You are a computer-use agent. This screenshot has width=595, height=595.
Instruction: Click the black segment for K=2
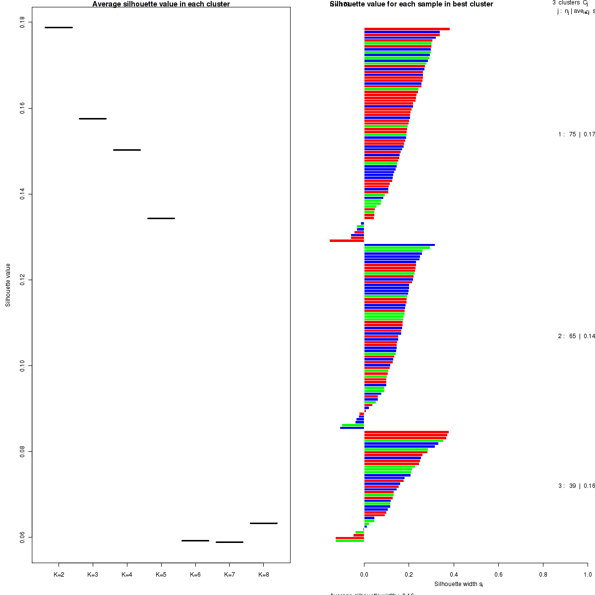[59, 27]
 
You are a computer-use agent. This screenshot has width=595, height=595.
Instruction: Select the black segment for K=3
[93, 119]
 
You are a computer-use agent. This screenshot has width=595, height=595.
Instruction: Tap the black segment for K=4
[127, 150]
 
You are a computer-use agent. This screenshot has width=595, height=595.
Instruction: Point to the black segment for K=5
[161, 218]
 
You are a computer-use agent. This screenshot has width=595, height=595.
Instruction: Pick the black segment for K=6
[195, 540]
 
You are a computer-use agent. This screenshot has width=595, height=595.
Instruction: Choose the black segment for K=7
[230, 542]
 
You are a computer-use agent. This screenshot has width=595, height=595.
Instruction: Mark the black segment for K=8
[264, 523]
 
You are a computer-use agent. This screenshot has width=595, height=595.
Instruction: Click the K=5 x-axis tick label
[161, 575]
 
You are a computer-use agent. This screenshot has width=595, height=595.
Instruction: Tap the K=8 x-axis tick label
[264, 575]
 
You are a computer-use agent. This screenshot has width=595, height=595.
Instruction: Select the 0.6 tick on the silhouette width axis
[498, 575]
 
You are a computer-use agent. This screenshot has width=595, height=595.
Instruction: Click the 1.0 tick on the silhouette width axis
[587, 575]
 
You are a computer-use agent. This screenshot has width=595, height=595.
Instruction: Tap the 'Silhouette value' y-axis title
[8, 285]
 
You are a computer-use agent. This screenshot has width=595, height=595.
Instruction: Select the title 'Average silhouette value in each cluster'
[161, 4]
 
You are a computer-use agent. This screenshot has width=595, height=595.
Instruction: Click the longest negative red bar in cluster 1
[347, 241]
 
